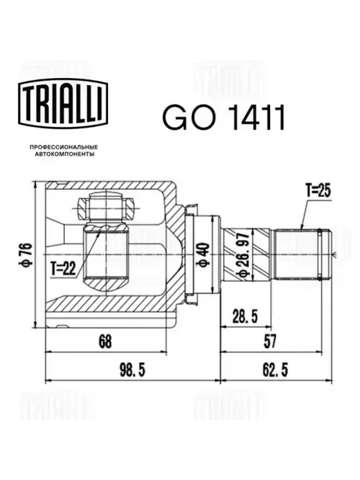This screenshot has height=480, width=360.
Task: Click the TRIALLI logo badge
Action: pos(63,103)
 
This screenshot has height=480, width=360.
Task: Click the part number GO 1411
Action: pos(224,117)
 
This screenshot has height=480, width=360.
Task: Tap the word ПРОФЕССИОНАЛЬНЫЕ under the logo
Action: pos(63,147)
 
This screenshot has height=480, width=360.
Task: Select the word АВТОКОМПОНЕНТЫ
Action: pos(64,154)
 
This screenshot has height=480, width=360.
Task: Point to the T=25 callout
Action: pos(318,190)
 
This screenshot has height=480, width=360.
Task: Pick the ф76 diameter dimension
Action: pos(27,254)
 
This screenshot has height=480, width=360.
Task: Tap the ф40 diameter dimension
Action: pos(204,254)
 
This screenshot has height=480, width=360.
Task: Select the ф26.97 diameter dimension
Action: pos(245,254)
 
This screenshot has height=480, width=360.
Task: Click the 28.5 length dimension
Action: pos(245,315)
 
